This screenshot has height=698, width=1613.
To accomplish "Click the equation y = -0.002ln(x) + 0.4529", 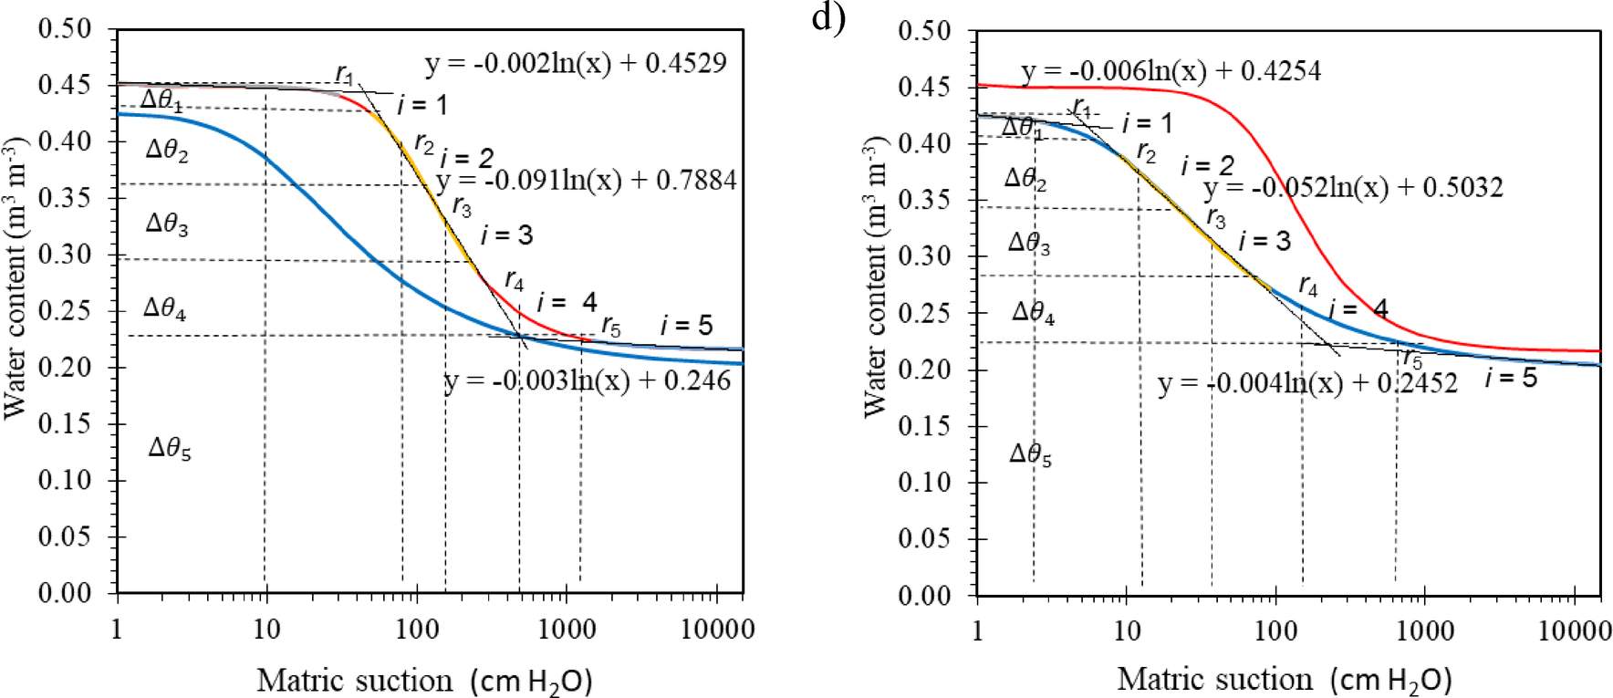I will point(576,64).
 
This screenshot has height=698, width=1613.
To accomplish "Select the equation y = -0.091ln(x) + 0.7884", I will point(587,181).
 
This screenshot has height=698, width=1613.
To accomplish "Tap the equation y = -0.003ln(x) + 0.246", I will point(588,380).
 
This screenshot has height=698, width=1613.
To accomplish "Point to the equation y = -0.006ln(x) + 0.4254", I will point(1171,71).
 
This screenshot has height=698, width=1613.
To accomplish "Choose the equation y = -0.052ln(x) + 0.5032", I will point(1353,188).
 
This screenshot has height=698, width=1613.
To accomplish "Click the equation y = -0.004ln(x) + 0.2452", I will point(1307,383).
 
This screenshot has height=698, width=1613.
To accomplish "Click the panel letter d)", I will point(828,18).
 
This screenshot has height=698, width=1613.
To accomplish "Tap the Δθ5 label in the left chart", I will point(170,448).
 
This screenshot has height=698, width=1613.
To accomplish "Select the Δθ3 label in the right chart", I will point(1029,243).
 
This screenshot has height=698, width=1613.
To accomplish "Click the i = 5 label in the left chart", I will point(687,325).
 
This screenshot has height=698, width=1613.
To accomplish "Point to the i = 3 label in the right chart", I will point(1264,241).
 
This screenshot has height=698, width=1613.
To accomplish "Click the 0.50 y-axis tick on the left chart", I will point(65,29).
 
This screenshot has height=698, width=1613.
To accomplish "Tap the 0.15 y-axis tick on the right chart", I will point(925,425).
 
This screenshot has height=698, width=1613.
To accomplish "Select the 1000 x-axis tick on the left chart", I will point(567,630).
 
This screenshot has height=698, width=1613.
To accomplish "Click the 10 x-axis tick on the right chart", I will point(1127,630).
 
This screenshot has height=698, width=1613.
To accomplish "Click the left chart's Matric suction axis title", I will point(424,681).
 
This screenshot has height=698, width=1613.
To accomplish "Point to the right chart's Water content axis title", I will point(876,276).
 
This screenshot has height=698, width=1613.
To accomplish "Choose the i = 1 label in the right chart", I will point(1147,123).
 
